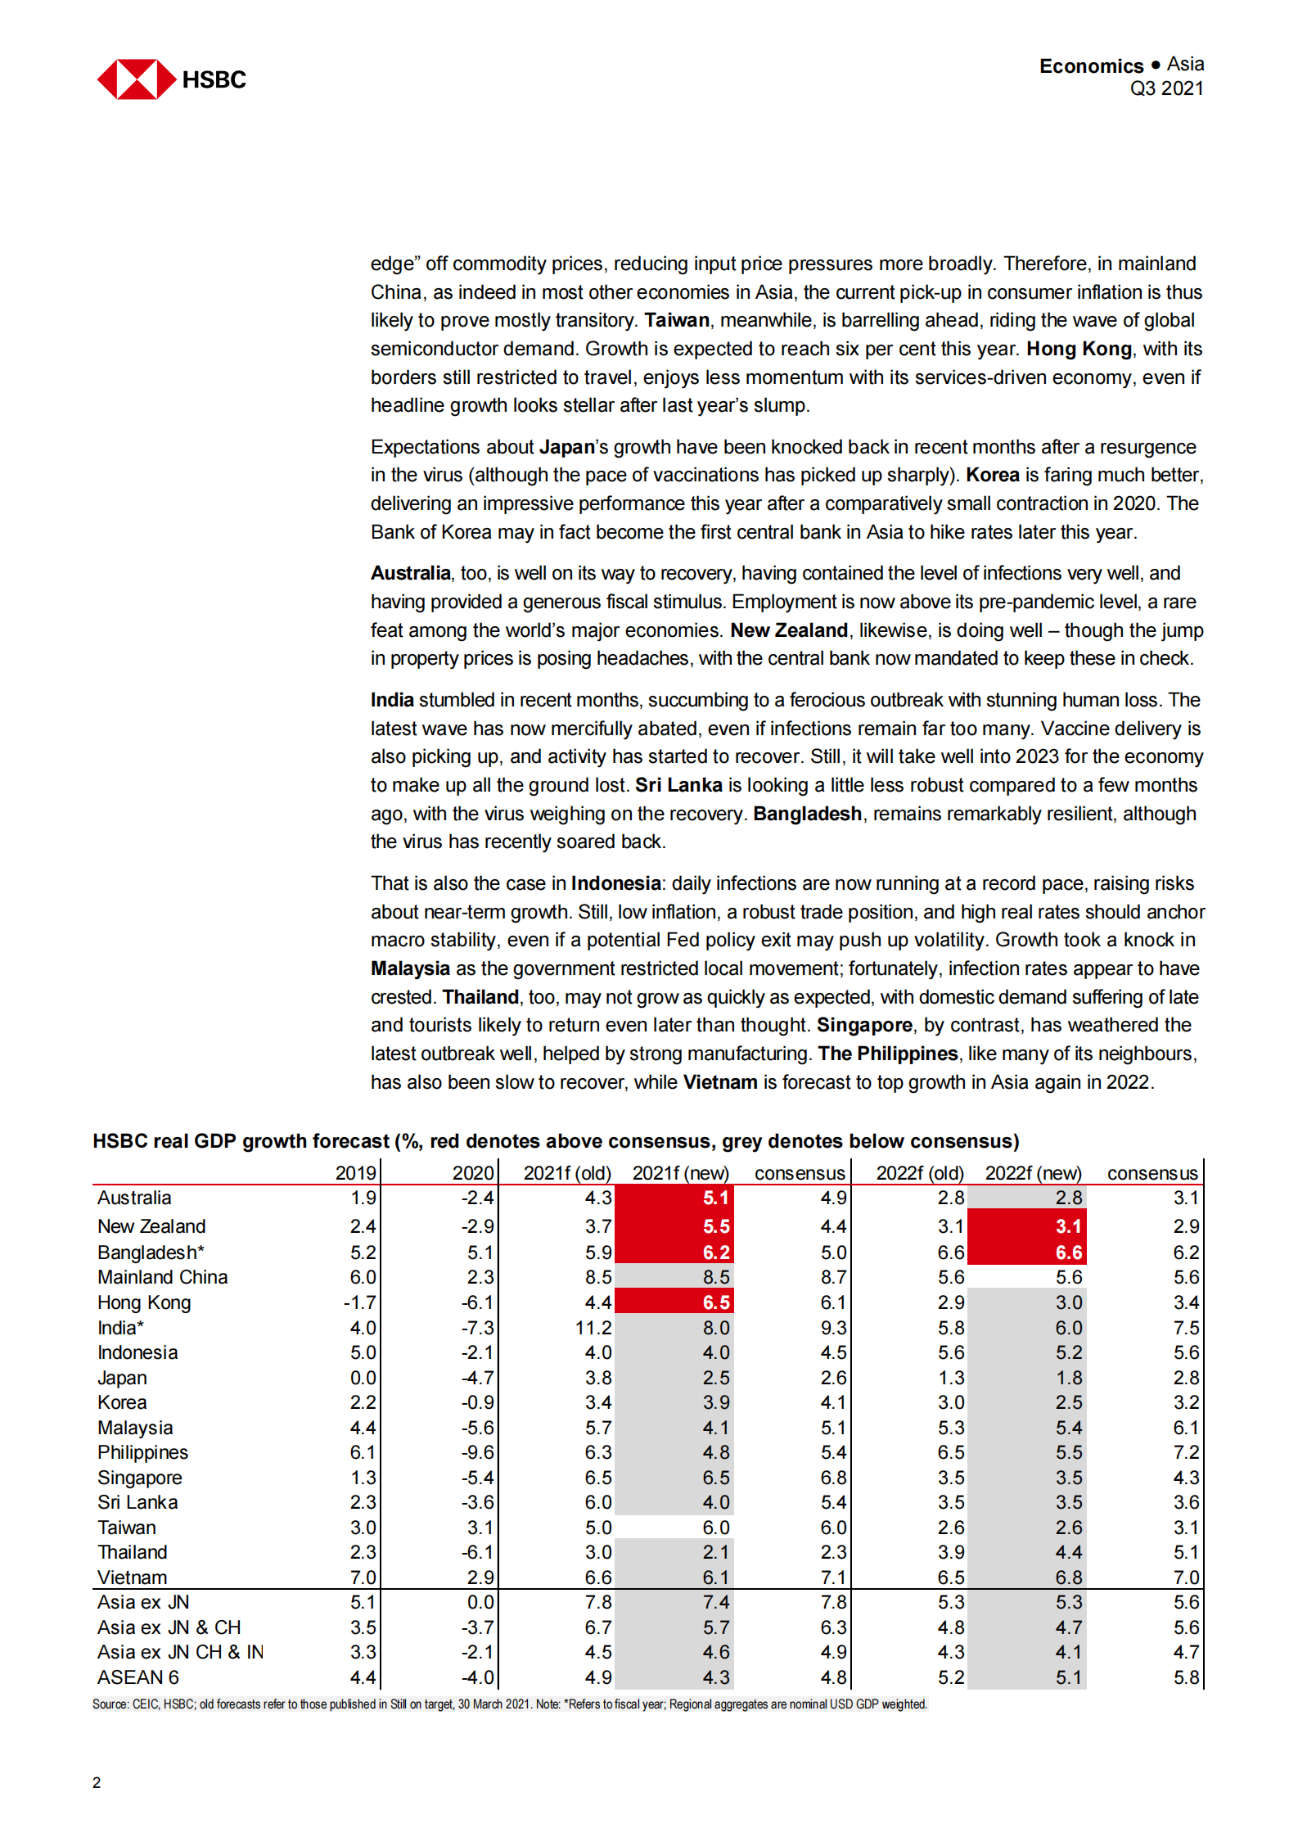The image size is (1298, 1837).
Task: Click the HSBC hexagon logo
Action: (x=137, y=79)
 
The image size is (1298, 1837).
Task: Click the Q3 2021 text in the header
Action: (x=1165, y=89)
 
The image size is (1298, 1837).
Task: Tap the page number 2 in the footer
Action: (x=97, y=1782)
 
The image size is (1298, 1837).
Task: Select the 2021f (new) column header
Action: (x=680, y=1173)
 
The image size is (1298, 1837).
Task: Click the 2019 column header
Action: (x=355, y=1173)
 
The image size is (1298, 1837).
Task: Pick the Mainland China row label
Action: (x=162, y=1277)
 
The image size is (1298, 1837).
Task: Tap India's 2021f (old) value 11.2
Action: (x=593, y=1328)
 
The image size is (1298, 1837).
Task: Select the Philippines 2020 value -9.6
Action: (x=477, y=1452)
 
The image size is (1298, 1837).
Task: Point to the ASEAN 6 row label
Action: (x=137, y=1677)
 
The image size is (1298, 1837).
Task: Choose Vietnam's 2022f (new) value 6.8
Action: (x=1068, y=1577)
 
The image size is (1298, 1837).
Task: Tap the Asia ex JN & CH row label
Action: (x=169, y=1627)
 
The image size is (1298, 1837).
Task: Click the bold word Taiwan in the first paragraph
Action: (x=676, y=320)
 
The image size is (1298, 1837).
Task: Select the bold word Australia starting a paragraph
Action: (x=410, y=573)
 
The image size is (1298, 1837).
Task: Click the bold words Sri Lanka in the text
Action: (x=678, y=785)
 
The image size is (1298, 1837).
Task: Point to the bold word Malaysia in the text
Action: (x=410, y=968)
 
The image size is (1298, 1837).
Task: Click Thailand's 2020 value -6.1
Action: (x=477, y=1552)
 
